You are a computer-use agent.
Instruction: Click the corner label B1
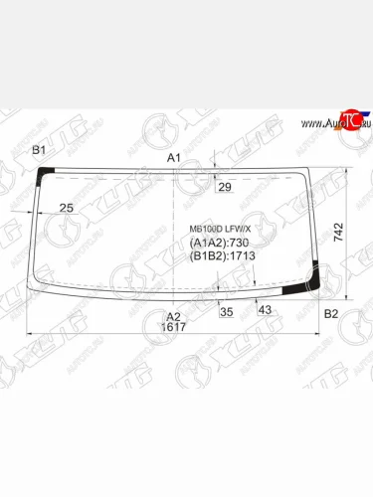40,150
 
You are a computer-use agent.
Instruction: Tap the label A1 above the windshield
173,158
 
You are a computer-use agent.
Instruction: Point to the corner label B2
332,314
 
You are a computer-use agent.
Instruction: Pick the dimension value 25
67,207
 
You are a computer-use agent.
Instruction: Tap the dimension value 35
226,311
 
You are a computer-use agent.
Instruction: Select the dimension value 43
265,311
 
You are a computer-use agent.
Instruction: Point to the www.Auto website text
317,122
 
